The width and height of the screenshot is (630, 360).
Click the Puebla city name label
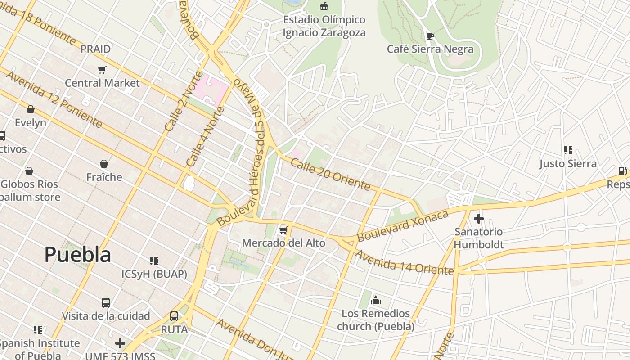(77, 255)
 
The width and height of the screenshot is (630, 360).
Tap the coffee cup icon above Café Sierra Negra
(430, 36)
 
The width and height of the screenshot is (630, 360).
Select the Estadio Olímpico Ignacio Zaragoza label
(324, 26)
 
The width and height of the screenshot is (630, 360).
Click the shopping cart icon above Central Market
(102, 70)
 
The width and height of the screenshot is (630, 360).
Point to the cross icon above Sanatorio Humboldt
(478, 219)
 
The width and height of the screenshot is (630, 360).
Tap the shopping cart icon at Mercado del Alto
(283, 230)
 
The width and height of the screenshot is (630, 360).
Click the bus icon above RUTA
(174, 316)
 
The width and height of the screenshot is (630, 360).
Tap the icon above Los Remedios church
(376, 300)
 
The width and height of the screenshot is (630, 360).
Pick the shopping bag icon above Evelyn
(31, 109)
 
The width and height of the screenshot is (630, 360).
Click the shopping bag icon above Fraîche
(104, 164)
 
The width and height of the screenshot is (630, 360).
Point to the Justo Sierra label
(568, 163)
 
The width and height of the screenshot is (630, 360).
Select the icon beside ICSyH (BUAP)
(154, 261)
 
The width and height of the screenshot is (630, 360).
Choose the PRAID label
(95, 49)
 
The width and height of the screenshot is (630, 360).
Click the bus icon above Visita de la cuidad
(106, 302)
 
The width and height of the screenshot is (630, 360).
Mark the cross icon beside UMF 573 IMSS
(120, 343)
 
